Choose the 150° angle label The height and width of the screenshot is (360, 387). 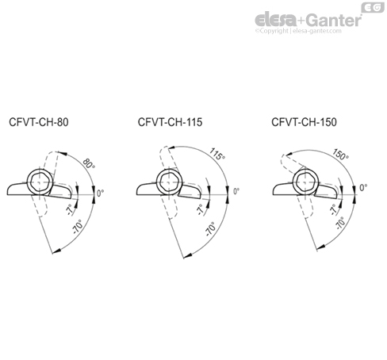coord(341,155)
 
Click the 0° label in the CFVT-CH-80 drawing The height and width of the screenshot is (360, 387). coord(100,193)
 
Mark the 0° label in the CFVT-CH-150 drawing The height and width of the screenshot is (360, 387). coord(364,188)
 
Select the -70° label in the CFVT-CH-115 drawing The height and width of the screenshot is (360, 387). coord(211,231)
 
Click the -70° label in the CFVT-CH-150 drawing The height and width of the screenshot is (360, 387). coord(339,224)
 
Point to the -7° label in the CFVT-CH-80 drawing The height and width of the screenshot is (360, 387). coord(70,210)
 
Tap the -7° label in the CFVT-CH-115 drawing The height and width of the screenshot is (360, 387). coord(199,211)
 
